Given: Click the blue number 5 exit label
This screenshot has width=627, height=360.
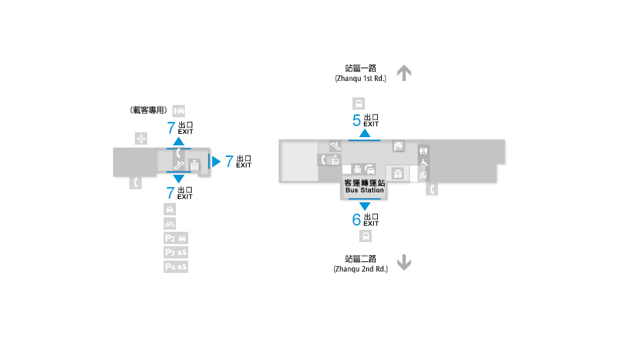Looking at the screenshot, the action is [357, 120].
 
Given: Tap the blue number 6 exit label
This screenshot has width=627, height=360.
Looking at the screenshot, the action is [357, 219].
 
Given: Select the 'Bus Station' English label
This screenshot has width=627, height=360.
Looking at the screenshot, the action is [365, 190].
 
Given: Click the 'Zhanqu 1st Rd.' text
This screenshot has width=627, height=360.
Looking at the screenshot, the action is [361, 78].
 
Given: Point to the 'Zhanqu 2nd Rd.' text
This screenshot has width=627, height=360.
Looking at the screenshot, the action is [361, 269].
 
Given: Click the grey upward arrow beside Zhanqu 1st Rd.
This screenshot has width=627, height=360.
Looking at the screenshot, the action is [405, 73].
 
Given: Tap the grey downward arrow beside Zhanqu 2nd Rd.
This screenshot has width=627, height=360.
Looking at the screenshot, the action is [405, 263].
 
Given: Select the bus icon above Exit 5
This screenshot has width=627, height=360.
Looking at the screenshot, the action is [359, 104].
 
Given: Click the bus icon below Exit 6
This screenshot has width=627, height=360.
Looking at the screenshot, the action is [366, 237].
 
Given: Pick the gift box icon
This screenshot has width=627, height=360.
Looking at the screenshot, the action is [398, 173].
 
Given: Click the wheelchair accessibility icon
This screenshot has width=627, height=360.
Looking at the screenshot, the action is [424, 163].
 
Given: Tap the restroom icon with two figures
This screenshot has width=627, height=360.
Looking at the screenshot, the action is [424, 151].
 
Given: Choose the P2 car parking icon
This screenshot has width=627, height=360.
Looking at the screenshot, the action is [176, 238].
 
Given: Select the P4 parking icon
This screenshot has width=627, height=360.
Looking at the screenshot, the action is [176, 267].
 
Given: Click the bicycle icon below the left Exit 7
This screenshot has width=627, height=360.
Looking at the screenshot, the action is [170, 224].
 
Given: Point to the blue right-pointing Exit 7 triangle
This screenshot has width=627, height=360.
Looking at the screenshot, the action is [216, 161].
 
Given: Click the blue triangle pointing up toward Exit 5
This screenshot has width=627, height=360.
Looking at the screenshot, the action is [365, 133].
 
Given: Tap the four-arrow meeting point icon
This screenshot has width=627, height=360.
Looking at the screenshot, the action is [141, 139].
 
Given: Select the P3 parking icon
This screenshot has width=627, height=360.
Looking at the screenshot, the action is [176, 252].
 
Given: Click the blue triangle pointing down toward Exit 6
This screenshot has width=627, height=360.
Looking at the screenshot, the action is [365, 206].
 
